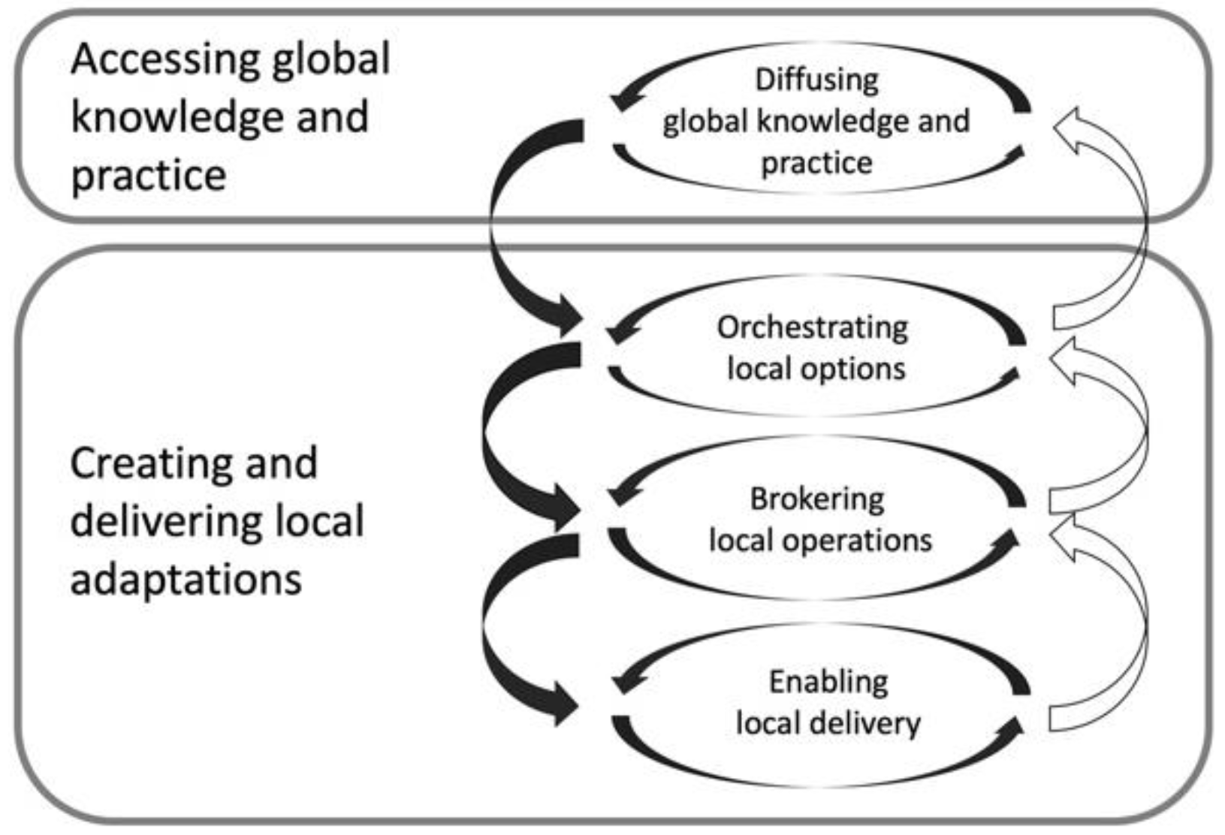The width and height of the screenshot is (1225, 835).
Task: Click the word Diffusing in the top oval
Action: (816, 80)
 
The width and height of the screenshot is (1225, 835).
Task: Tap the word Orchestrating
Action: (812, 327)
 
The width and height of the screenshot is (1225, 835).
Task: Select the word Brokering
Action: (817, 499)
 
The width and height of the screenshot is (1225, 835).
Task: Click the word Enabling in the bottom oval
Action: (828, 682)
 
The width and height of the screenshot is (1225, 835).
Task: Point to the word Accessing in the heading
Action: (164, 60)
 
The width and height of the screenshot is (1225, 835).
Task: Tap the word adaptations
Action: (186, 580)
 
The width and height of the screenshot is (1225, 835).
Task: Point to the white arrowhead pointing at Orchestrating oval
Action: (1064, 359)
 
